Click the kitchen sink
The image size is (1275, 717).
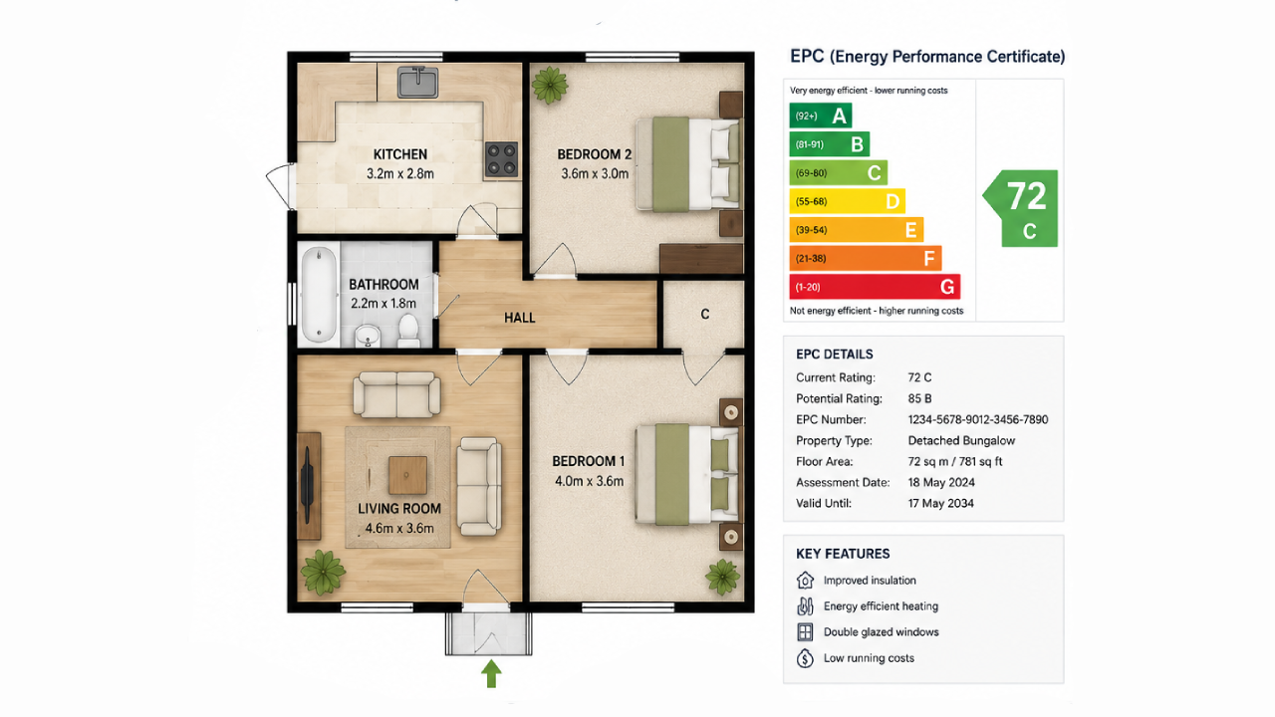click(x=417, y=82)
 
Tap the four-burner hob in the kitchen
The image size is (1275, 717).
click(x=501, y=158)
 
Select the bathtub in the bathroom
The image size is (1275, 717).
click(x=319, y=295)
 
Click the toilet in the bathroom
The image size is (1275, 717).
click(x=408, y=331)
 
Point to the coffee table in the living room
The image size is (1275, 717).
click(x=407, y=475)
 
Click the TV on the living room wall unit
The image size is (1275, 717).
click(x=308, y=485)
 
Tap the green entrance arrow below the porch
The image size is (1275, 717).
click(x=491, y=674)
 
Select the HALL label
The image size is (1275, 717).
click(x=520, y=318)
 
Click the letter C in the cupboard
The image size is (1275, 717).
click(x=705, y=314)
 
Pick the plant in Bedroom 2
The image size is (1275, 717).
click(x=550, y=86)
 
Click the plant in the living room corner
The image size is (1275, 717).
click(x=323, y=572)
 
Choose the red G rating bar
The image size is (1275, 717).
click(x=875, y=287)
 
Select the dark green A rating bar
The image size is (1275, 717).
click(x=820, y=116)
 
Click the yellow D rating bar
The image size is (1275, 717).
click(x=847, y=201)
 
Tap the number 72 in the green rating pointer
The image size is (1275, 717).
click(x=1027, y=196)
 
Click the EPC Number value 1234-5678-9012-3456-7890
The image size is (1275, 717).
click(x=978, y=420)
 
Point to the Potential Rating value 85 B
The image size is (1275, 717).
click(x=919, y=399)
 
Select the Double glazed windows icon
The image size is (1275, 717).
click(x=805, y=632)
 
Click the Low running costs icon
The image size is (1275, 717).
click(x=805, y=658)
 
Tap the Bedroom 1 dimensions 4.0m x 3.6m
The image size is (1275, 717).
click(x=589, y=481)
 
